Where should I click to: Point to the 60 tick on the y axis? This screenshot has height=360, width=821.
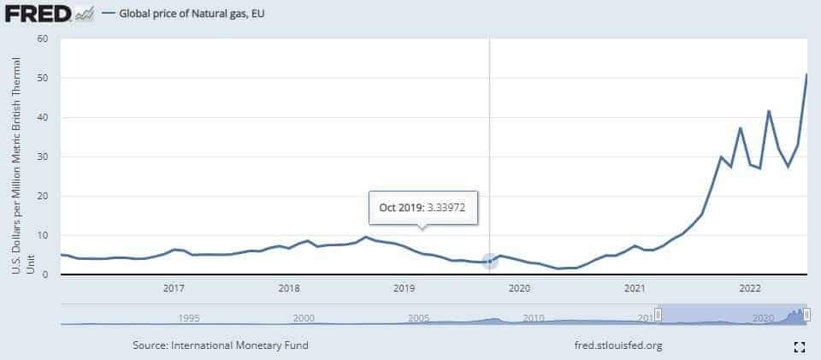click(43, 38)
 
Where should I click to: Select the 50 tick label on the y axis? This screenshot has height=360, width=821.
click(43, 78)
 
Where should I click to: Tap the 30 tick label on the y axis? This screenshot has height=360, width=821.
click(43, 156)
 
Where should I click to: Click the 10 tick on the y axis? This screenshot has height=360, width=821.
click(43, 235)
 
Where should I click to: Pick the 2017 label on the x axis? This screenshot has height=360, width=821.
click(174, 288)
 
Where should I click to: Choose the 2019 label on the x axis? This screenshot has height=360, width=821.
click(405, 288)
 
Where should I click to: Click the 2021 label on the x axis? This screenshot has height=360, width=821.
click(635, 288)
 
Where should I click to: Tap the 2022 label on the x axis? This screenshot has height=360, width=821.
click(750, 288)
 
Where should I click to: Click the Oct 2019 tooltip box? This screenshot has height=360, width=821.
click(422, 207)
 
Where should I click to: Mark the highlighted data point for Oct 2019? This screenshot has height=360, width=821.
click(490, 261)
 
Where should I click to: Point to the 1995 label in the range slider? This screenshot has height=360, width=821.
click(189, 317)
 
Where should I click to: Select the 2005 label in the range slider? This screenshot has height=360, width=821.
click(419, 317)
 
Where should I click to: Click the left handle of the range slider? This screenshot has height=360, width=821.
click(658, 315)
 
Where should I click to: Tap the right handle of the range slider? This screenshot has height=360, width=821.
click(806, 315)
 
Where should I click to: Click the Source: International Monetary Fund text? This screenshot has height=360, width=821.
click(221, 345)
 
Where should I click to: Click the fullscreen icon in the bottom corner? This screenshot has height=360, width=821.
click(800, 346)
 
